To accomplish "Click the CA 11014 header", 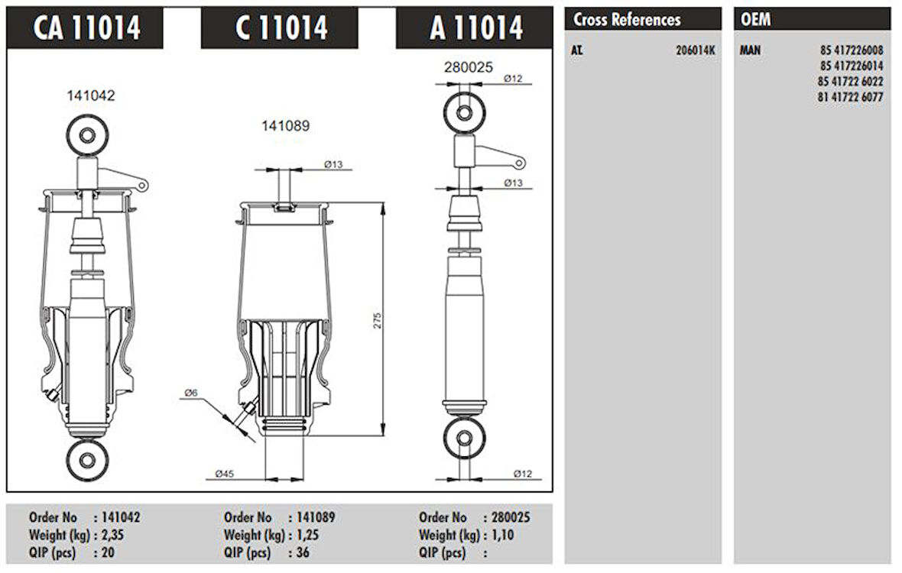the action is click(87, 28).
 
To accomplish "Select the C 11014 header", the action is click(281, 28).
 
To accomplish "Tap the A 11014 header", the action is click(476, 28).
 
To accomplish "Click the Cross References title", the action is click(627, 20).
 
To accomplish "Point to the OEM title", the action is click(755, 20).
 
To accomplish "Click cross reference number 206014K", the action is click(696, 50).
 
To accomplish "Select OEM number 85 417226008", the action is click(852, 50).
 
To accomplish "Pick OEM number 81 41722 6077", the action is click(850, 97).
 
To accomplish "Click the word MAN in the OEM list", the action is click(750, 50).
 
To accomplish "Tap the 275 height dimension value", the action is click(378, 320).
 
